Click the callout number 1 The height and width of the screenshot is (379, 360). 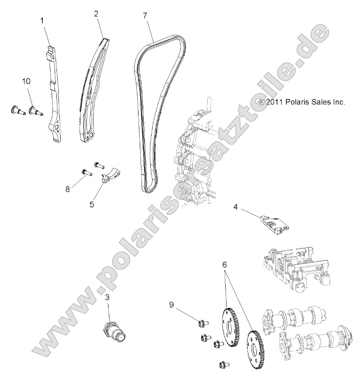42,20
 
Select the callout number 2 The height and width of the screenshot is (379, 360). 96,14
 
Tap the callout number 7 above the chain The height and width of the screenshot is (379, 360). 145,15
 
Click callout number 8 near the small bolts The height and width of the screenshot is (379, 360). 67,189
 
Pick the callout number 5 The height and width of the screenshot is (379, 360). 91,204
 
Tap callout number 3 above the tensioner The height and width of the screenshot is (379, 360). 107,298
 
